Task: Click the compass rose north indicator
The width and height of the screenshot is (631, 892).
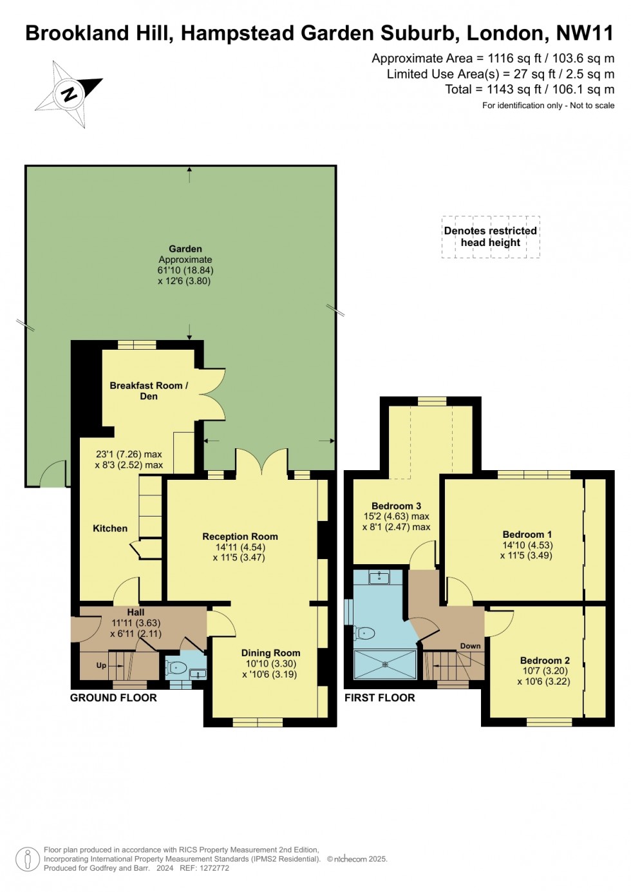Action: (69, 94)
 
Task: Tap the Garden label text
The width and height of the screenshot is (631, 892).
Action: (185, 249)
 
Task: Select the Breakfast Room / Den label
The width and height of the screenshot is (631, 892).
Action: (149, 390)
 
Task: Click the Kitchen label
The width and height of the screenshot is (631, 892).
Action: (110, 528)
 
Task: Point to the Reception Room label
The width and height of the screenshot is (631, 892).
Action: (240, 536)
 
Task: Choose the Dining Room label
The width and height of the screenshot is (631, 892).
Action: (270, 652)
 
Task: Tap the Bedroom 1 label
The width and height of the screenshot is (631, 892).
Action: (527, 535)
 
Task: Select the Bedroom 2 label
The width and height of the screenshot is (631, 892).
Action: (545, 660)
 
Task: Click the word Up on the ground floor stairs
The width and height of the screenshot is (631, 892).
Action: (101, 665)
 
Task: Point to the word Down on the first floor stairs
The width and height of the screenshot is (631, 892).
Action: (470, 646)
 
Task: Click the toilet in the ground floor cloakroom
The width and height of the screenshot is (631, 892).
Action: (176, 667)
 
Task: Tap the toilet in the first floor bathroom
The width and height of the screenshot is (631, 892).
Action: (365, 633)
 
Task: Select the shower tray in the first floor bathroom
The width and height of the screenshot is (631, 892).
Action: (385, 664)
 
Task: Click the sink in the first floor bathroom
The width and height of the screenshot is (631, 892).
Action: (379, 577)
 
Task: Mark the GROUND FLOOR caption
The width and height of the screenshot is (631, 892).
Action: (113, 697)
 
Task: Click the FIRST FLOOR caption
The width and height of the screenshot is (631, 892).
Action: (379, 697)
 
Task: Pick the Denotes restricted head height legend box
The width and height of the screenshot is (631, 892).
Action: (491, 237)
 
